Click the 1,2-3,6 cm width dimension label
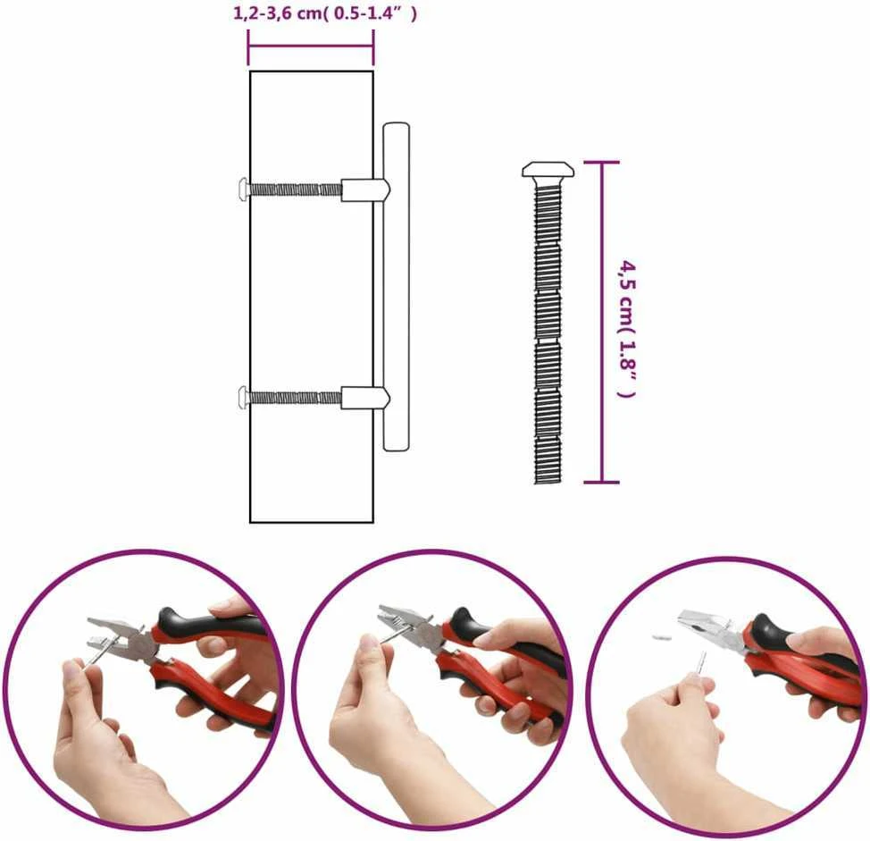coord(324,13)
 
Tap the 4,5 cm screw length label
coord(628,328)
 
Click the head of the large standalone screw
coord(548,170)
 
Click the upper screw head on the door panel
coord(242,189)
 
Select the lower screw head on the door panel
coord(242,398)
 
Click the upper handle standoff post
coord(365,189)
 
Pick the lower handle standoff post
coord(365,398)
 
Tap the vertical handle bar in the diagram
coord(396,286)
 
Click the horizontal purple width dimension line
coord(311,48)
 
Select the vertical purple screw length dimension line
coord(601,323)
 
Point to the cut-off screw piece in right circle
coord(661,636)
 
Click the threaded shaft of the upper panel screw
coord(295,189)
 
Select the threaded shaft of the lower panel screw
coord(295,398)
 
